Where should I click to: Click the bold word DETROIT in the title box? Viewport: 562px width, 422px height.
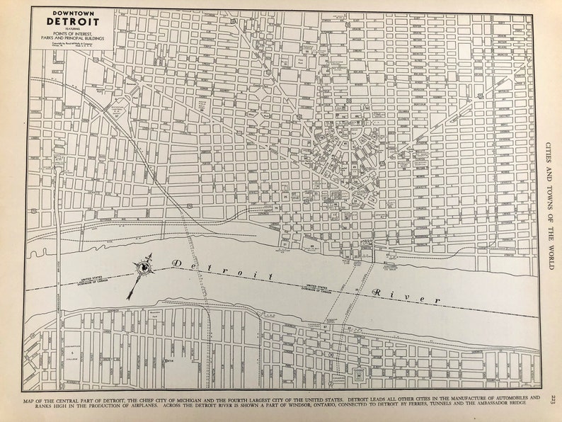(x=74, y=21)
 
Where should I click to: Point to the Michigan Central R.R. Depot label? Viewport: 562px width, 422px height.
(x=117, y=110)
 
